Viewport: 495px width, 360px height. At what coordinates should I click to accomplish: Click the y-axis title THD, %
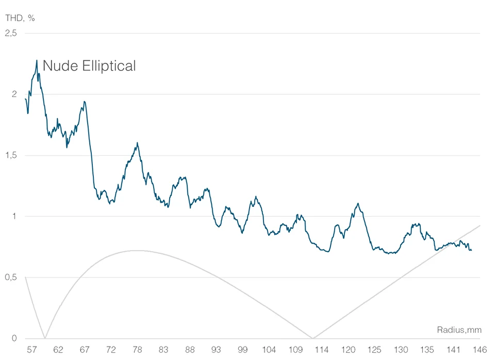pos(20,18)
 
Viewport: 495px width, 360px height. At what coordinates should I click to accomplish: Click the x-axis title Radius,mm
pos(458,329)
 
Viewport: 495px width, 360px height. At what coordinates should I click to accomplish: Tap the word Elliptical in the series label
pos(107,66)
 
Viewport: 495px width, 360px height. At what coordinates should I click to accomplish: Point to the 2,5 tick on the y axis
pos(11,33)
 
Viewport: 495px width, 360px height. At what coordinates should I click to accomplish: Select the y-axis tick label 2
pos(14,94)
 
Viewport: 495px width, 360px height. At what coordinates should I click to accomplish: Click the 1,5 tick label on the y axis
pos(11,155)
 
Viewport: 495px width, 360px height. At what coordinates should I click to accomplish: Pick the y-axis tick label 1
pos(14,217)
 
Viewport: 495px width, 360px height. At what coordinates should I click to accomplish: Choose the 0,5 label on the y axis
pos(11,277)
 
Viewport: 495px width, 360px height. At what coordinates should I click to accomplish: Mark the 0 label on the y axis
pos(14,339)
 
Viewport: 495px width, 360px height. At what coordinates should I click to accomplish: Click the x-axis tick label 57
pos(31,350)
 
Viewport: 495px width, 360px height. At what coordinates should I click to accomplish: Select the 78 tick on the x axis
pos(137,350)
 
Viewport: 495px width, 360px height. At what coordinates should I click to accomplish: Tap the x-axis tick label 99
pos(243,350)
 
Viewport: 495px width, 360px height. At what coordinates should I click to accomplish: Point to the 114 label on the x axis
pos(322,350)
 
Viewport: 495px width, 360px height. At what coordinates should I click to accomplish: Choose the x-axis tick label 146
pos(480,350)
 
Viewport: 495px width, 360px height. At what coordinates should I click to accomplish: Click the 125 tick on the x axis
pos(375,350)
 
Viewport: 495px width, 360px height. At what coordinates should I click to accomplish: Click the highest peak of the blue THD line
pos(37,60)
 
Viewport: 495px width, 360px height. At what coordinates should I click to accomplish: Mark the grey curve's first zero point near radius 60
pos(45,338)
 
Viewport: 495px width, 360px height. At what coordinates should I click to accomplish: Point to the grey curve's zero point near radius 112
pos(312,338)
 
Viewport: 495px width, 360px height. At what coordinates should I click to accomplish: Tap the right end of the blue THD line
pos(471,250)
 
